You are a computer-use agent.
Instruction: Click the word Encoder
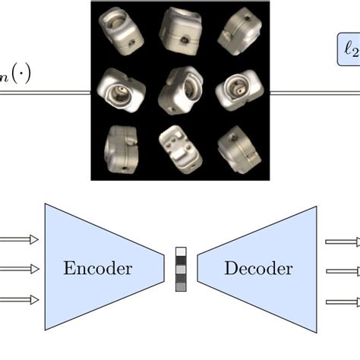click(x=98, y=269)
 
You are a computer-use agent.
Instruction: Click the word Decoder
click(x=258, y=269)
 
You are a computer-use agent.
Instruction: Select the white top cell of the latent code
click(x=181, y=253)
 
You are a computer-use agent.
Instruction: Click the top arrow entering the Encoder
click(x=19, y=242)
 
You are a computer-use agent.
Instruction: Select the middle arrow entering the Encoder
click(x=19, y=269)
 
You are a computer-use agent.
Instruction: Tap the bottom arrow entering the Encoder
click(x=19, y=301)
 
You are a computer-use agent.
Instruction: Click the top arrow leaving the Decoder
click(x=342, y=242)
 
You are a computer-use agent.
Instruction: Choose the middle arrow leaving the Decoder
click(x=342, y=270)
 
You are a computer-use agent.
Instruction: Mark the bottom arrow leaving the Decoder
click(x=342, y=302)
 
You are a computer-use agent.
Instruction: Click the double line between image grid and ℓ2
click(x=304, y=93)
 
